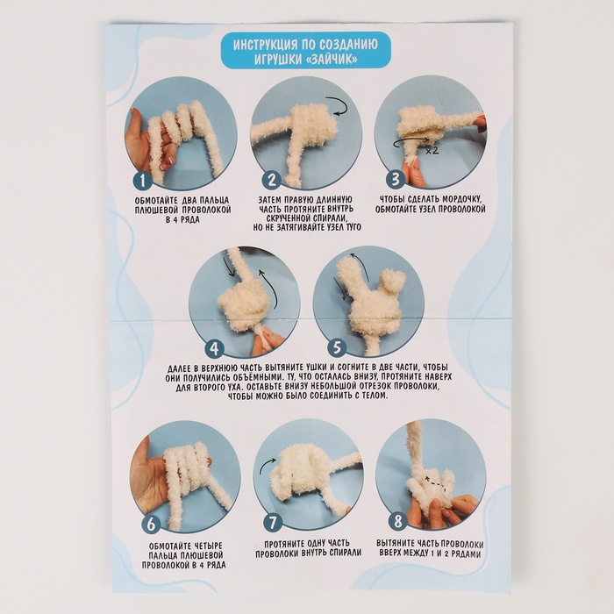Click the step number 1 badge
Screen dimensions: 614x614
point(143,181)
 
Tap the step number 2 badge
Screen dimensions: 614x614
point(271,181)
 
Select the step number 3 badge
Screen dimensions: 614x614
point(395,179)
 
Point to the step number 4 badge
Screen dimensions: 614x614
point(214,347)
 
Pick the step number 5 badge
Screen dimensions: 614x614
point(337,347)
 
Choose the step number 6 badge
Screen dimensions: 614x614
point(152,525)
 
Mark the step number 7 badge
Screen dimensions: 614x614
point(273,522)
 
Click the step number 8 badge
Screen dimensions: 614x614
point(397,521)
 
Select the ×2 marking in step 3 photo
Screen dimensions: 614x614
point(432,150)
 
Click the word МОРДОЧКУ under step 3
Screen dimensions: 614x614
point(460,199)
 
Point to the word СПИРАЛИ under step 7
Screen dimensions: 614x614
point(343,553)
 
